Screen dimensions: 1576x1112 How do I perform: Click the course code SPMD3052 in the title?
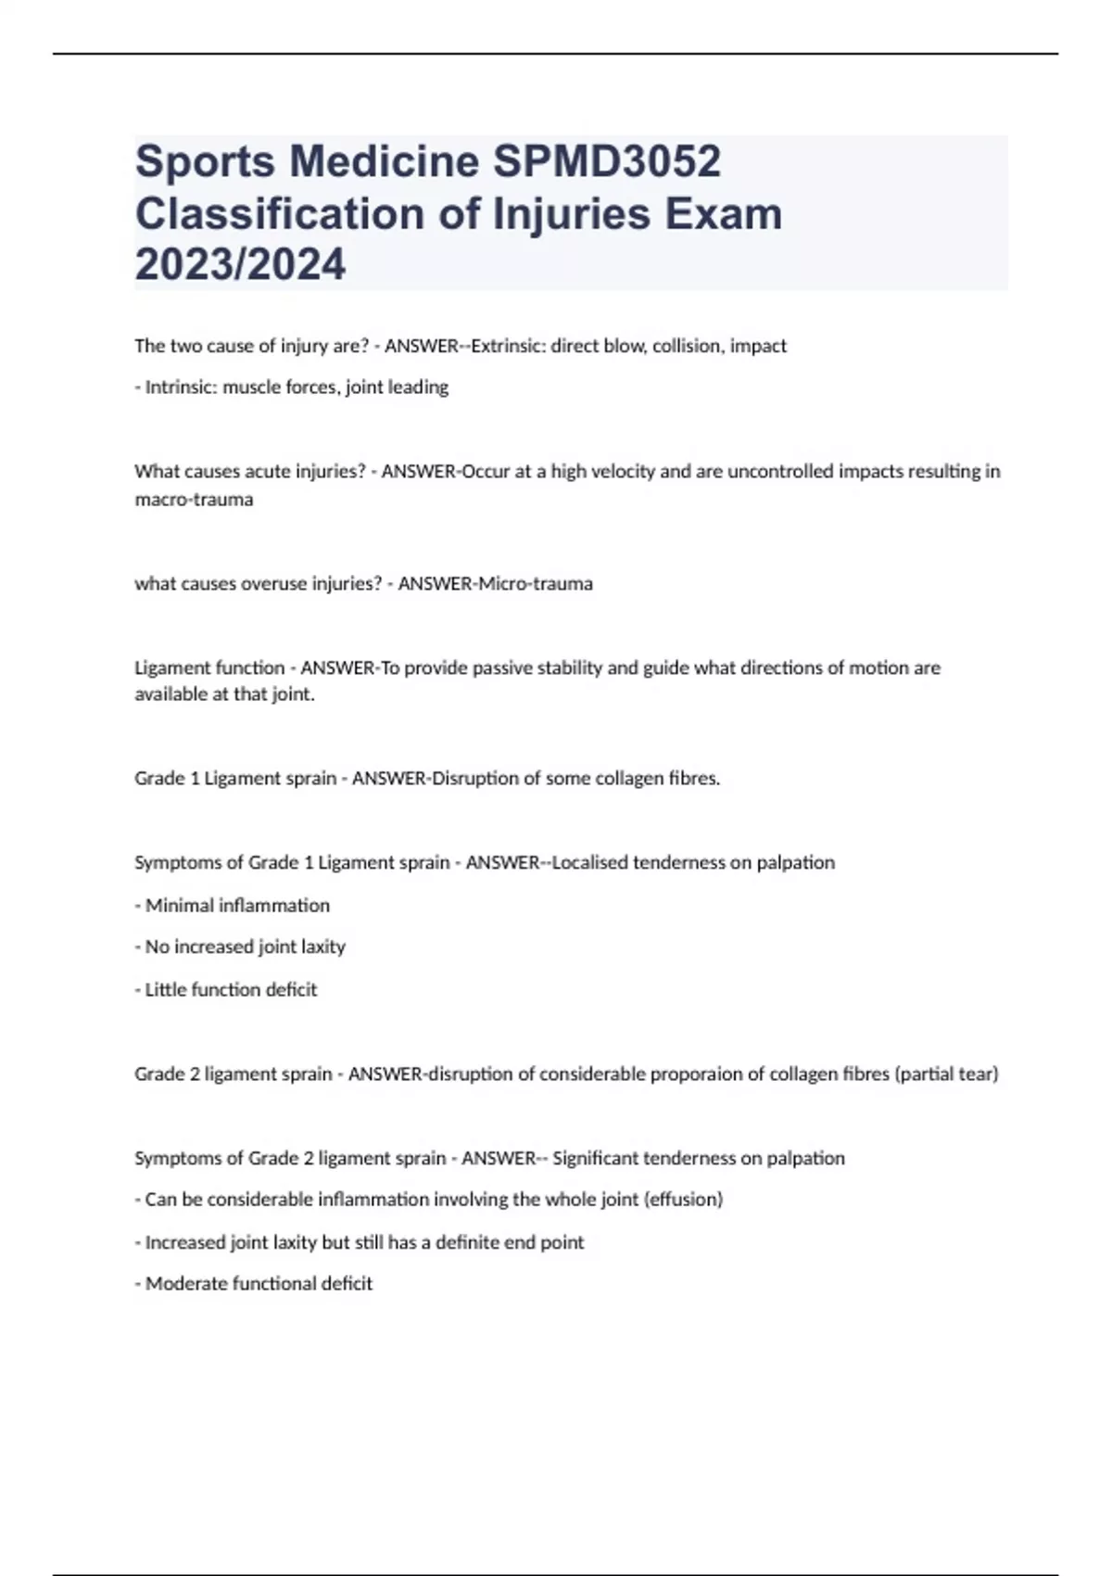coord(606,161)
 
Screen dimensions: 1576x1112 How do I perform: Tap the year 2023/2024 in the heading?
coord(240,264)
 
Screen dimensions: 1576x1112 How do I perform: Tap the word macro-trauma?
coord(194,500)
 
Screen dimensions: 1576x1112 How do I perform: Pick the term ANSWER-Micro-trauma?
coord(495,584)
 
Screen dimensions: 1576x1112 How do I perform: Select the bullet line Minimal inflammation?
coord(237,905)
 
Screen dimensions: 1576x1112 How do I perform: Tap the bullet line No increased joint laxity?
coord(245,947)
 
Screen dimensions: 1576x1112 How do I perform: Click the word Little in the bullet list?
coord(166,989)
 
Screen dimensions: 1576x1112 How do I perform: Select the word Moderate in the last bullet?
coord(186,1284)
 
